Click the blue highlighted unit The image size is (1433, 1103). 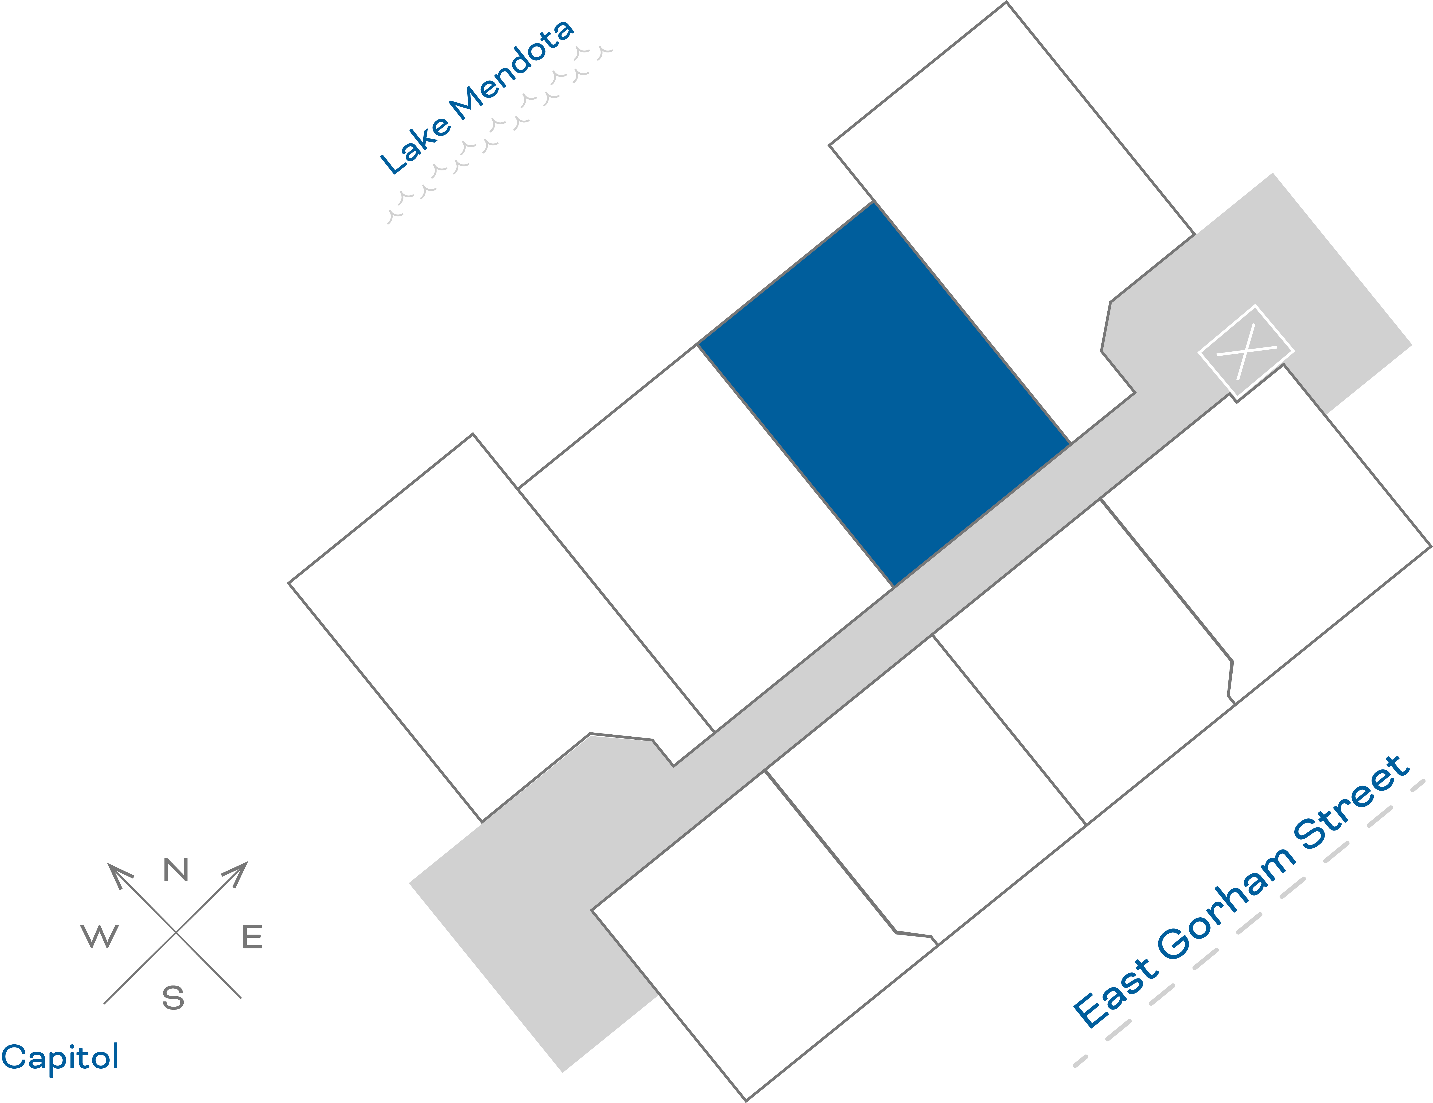(x=884, y=394)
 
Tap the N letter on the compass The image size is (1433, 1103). (x=176, y=870)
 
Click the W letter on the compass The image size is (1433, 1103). (x=100, y=936)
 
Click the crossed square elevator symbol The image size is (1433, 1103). (x=1246, y=352)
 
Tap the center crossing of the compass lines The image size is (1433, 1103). (x=176, y=932)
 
